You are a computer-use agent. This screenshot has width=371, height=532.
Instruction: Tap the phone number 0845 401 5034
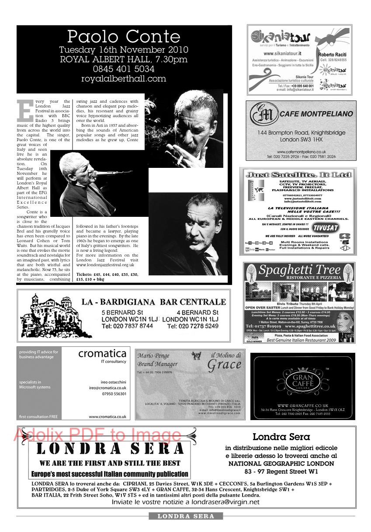click(x=124, y=69)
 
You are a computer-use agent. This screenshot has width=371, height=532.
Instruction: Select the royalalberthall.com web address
click(x=124, y=79)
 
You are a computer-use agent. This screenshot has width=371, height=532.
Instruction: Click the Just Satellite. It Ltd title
click(x=298, y=174)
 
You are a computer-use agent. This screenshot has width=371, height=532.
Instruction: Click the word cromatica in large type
click(x=102, y=354)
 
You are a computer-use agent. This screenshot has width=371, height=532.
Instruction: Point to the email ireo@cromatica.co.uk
click(x=107, y=387)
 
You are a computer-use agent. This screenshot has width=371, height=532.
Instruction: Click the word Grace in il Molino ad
click(x=224, y=364)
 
